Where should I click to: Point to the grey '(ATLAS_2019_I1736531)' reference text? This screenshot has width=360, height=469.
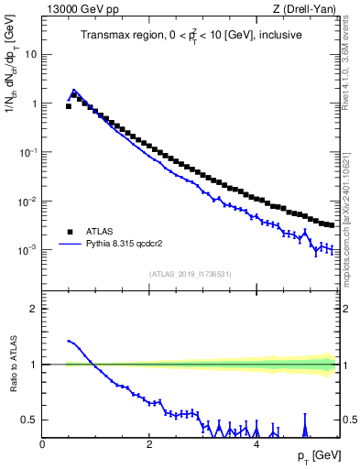(x=190, y=274)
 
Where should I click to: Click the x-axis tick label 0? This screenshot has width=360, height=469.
(x=42, y=444)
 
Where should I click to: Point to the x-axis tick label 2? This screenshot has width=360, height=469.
(x=148, y=444)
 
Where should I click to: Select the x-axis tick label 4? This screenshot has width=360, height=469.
(x=256, y=444)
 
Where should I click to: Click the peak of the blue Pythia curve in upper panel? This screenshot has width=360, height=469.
(x=74, y=90)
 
